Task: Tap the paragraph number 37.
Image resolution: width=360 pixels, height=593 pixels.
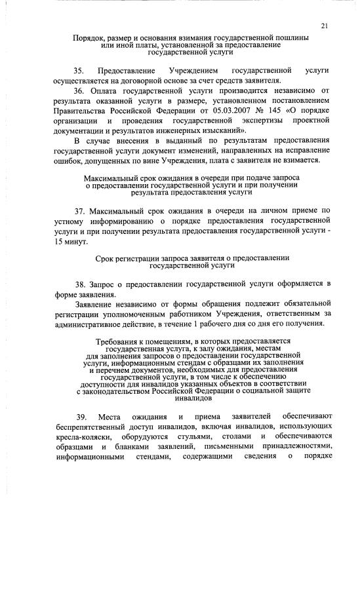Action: coord(79,210)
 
